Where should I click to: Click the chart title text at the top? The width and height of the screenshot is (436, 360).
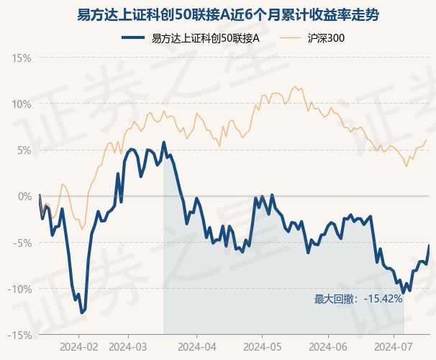click(x=218, y=14)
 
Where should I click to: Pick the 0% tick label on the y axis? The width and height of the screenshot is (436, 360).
click(x=24, y=196)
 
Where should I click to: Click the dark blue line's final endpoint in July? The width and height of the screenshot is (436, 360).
click(x=430, y=246)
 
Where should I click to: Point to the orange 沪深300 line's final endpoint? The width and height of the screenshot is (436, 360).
click(x=427, y=139)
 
